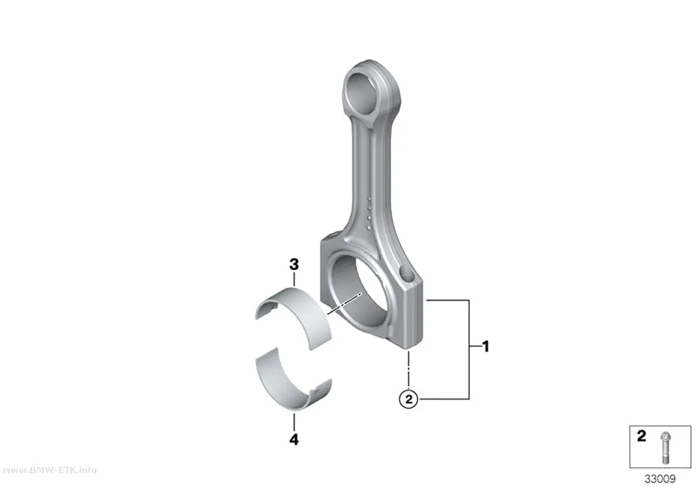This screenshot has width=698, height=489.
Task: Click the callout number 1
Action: tap(486, 346)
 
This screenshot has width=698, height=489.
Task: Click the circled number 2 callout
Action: tap(409, 399)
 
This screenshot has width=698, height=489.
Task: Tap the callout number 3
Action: tap(294, 265)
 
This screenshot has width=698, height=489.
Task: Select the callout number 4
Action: tap(294, 440)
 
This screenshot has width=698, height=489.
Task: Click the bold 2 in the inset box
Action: tap(641, 436)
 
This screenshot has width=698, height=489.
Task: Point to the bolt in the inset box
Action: tap(665, 448)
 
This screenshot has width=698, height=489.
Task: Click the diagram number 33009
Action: tap(659, 479)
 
